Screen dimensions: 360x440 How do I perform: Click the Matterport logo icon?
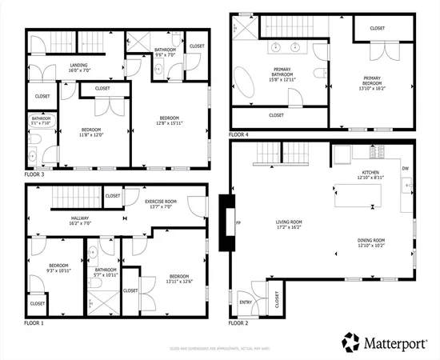tap(351, 341)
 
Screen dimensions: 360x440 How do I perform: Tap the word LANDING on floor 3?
tap(78, 66)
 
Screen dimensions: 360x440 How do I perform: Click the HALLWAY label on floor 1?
tap(80, 218)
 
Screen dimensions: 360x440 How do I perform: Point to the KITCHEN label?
tap(370, 173)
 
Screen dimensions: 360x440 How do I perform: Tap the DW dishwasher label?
tap(406, 168)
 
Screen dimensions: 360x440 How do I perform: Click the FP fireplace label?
tap(238, 222)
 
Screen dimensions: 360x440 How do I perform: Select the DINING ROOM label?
tap(370, 240)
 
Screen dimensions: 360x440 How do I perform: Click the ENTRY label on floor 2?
tap(245, 302)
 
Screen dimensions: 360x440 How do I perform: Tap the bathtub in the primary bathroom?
tap(244, 83)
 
